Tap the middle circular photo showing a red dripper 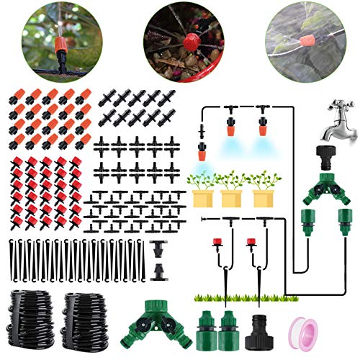click(180, 40)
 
